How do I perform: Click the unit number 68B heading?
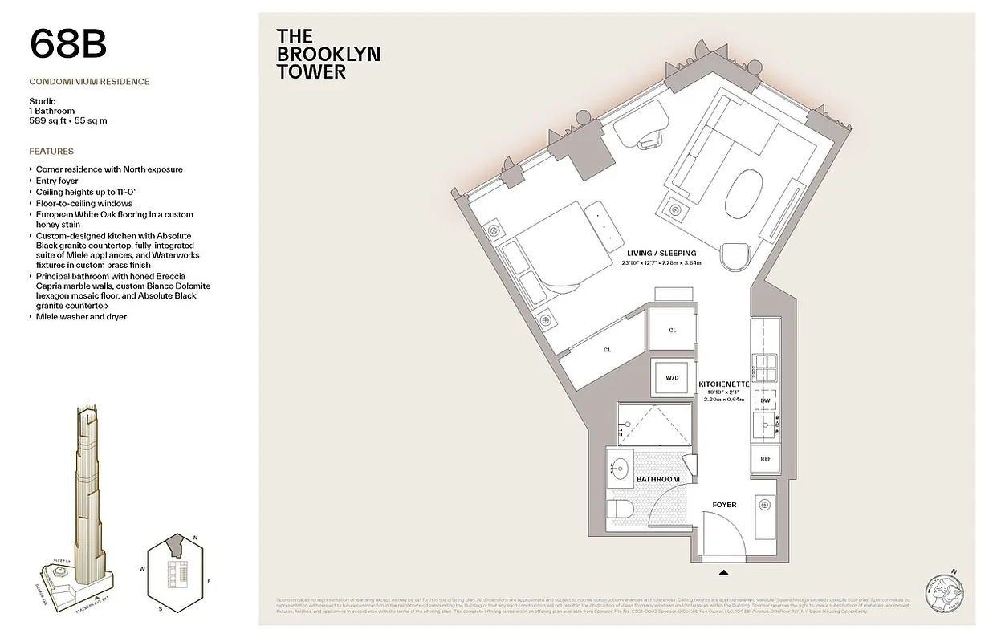coord(68,44)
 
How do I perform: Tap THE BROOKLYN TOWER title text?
coord(328,54)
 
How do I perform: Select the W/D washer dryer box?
coord(670,376)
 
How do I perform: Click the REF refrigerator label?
coord(765,459)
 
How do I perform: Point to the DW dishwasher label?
coord(765,400)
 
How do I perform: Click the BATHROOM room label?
coord(657,479)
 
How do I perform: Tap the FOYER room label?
coord(724,505)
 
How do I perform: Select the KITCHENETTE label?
coord(723,384)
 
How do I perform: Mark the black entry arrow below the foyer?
coord(724,572)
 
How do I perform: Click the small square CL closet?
coord(672,330)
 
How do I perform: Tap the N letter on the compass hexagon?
coord(195,538)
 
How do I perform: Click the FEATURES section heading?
coord(51,151)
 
